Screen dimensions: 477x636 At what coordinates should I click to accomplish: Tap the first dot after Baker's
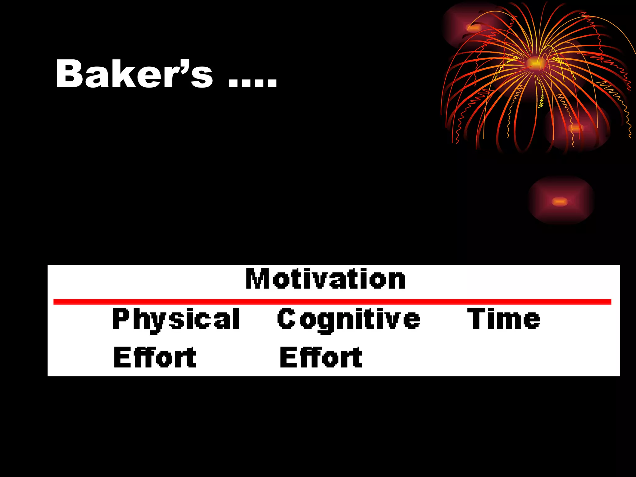coord(233,84)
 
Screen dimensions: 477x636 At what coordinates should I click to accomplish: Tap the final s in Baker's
coord(202,78)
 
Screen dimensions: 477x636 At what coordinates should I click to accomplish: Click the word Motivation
coord(325,279)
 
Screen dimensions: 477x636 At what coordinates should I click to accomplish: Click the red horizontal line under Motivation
coord(332,302)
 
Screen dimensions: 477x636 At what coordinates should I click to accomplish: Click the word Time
coord(504,319)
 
